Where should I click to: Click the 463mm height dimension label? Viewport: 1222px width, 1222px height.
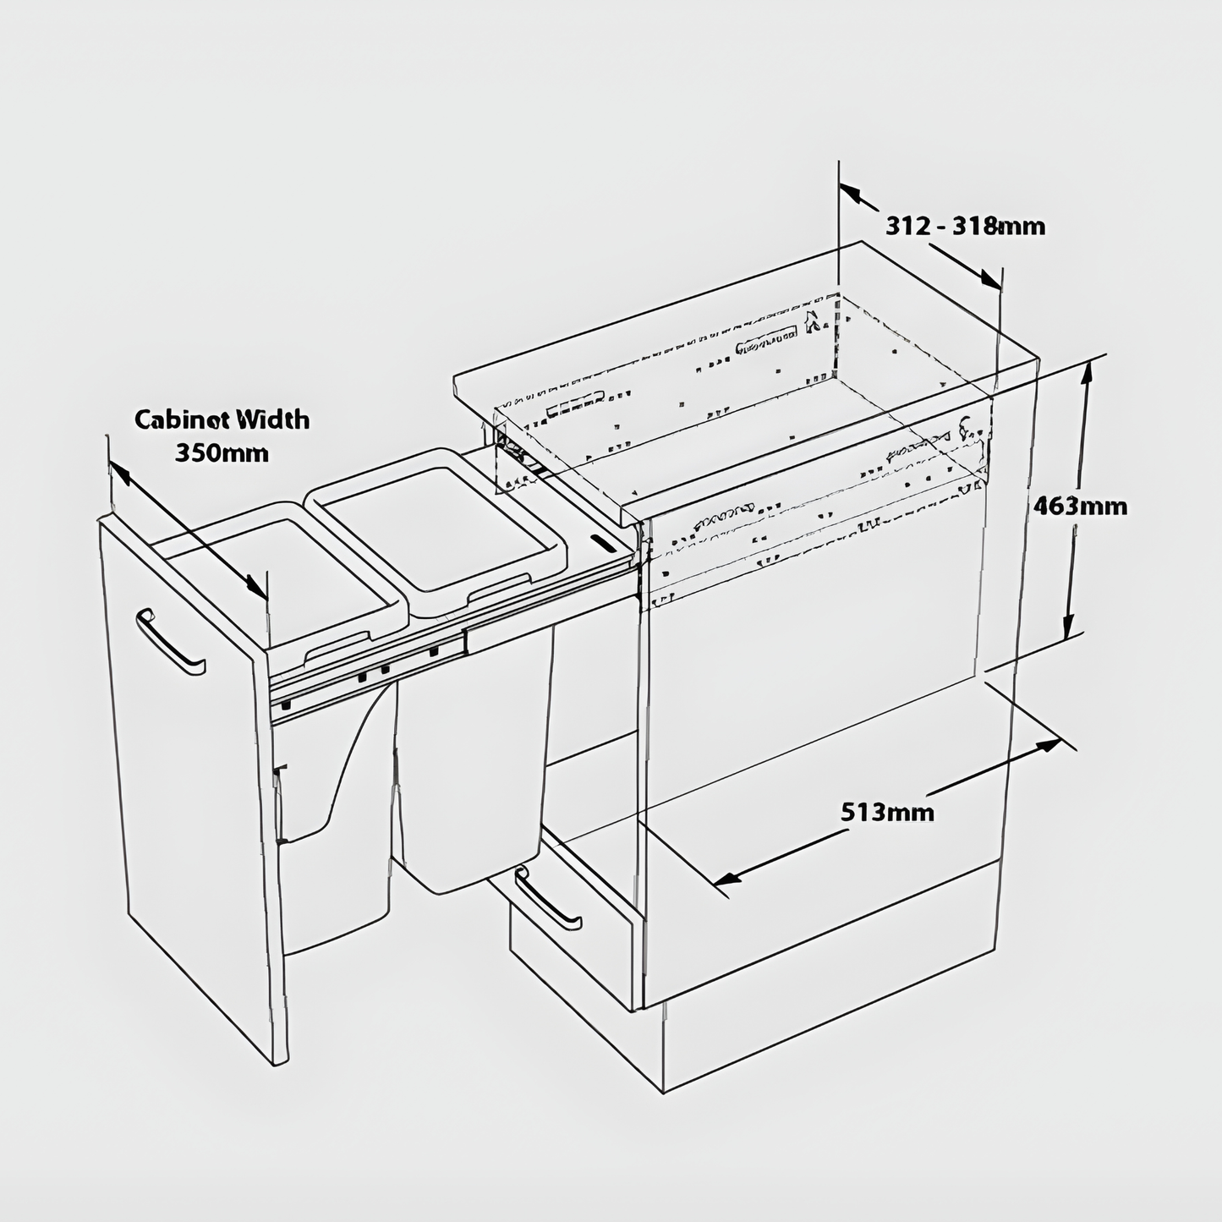tap(1080, 506)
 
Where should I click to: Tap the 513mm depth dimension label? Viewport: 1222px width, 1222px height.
tap(887, 812)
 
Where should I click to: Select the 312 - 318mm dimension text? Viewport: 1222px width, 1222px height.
tap(965, 226)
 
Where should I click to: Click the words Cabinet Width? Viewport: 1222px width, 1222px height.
tap(222, 419)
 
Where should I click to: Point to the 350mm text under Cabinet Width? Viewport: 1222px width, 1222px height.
tap(222, 452)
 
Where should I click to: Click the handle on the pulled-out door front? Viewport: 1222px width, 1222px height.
tap(168, 641)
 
